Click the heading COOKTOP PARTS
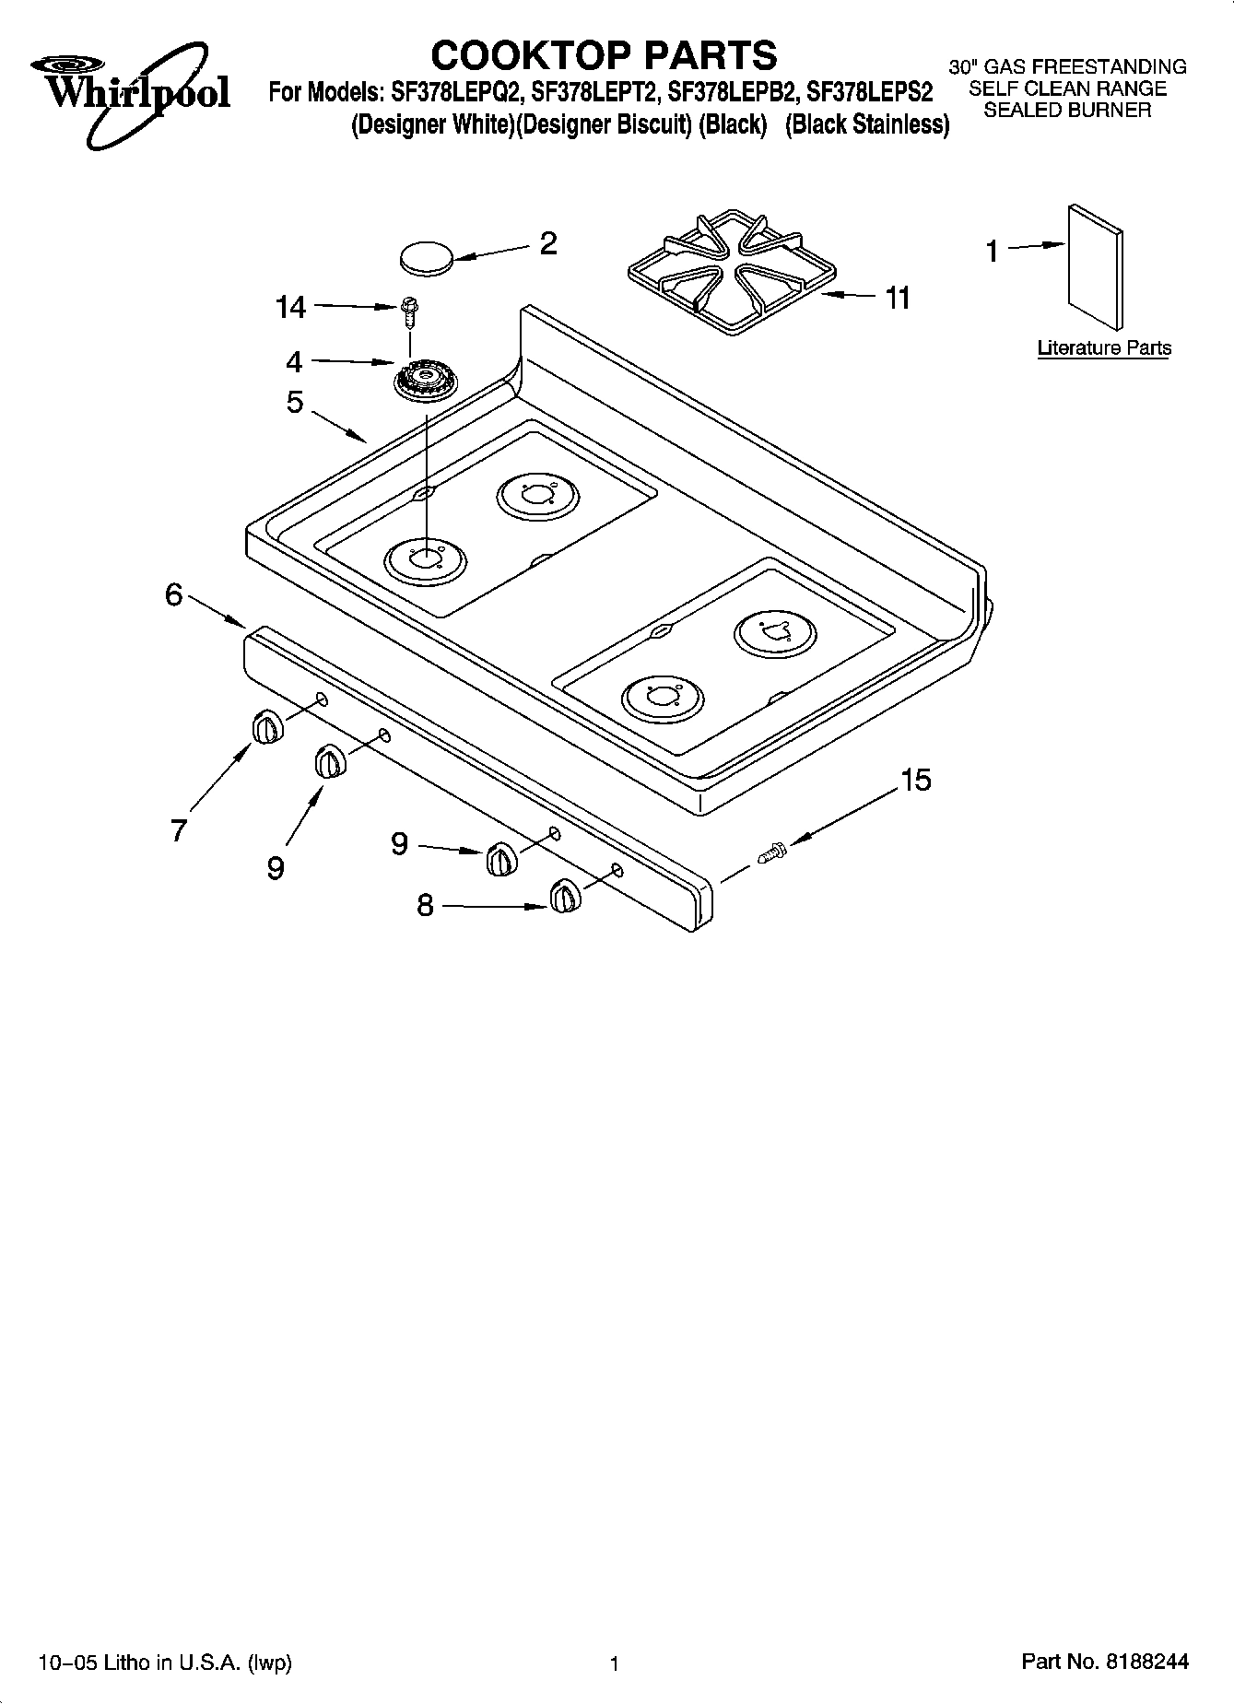pyautogui.click(x=604, y=55)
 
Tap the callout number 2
pyautogui.click(x=547, y=244)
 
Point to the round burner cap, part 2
pyautogui.click(x=427, y=256)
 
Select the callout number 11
pyautogui.click(x=897, y=298)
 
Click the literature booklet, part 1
pyautogui.click(x=1096, y=267)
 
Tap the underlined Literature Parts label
pyautogui.click(x=1104, y=348)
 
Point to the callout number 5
pyautogui.click(x=295, y=402)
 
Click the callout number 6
pyautogui.click(x=174, y=595)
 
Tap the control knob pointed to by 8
pyautogui.click(x=564, y=897)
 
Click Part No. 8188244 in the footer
pyautogui.click(x=1105, y=1663)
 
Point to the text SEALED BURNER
pyautogui.click(x=1067, y=111)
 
